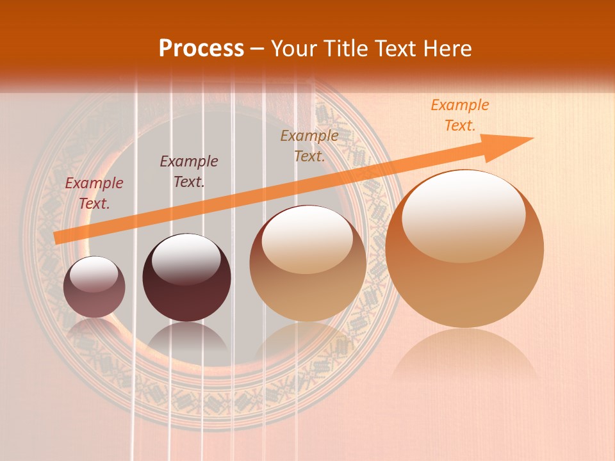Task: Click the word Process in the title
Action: [201, 49]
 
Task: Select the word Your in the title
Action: [291, 49]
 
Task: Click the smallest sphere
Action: [94, 287]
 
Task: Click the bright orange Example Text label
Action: [459, 115]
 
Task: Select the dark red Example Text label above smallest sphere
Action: [94, 193]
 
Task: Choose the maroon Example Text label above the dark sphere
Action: [188, 172]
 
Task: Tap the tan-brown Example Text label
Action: [309, 146]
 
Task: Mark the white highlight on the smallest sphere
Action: [94, 273]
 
